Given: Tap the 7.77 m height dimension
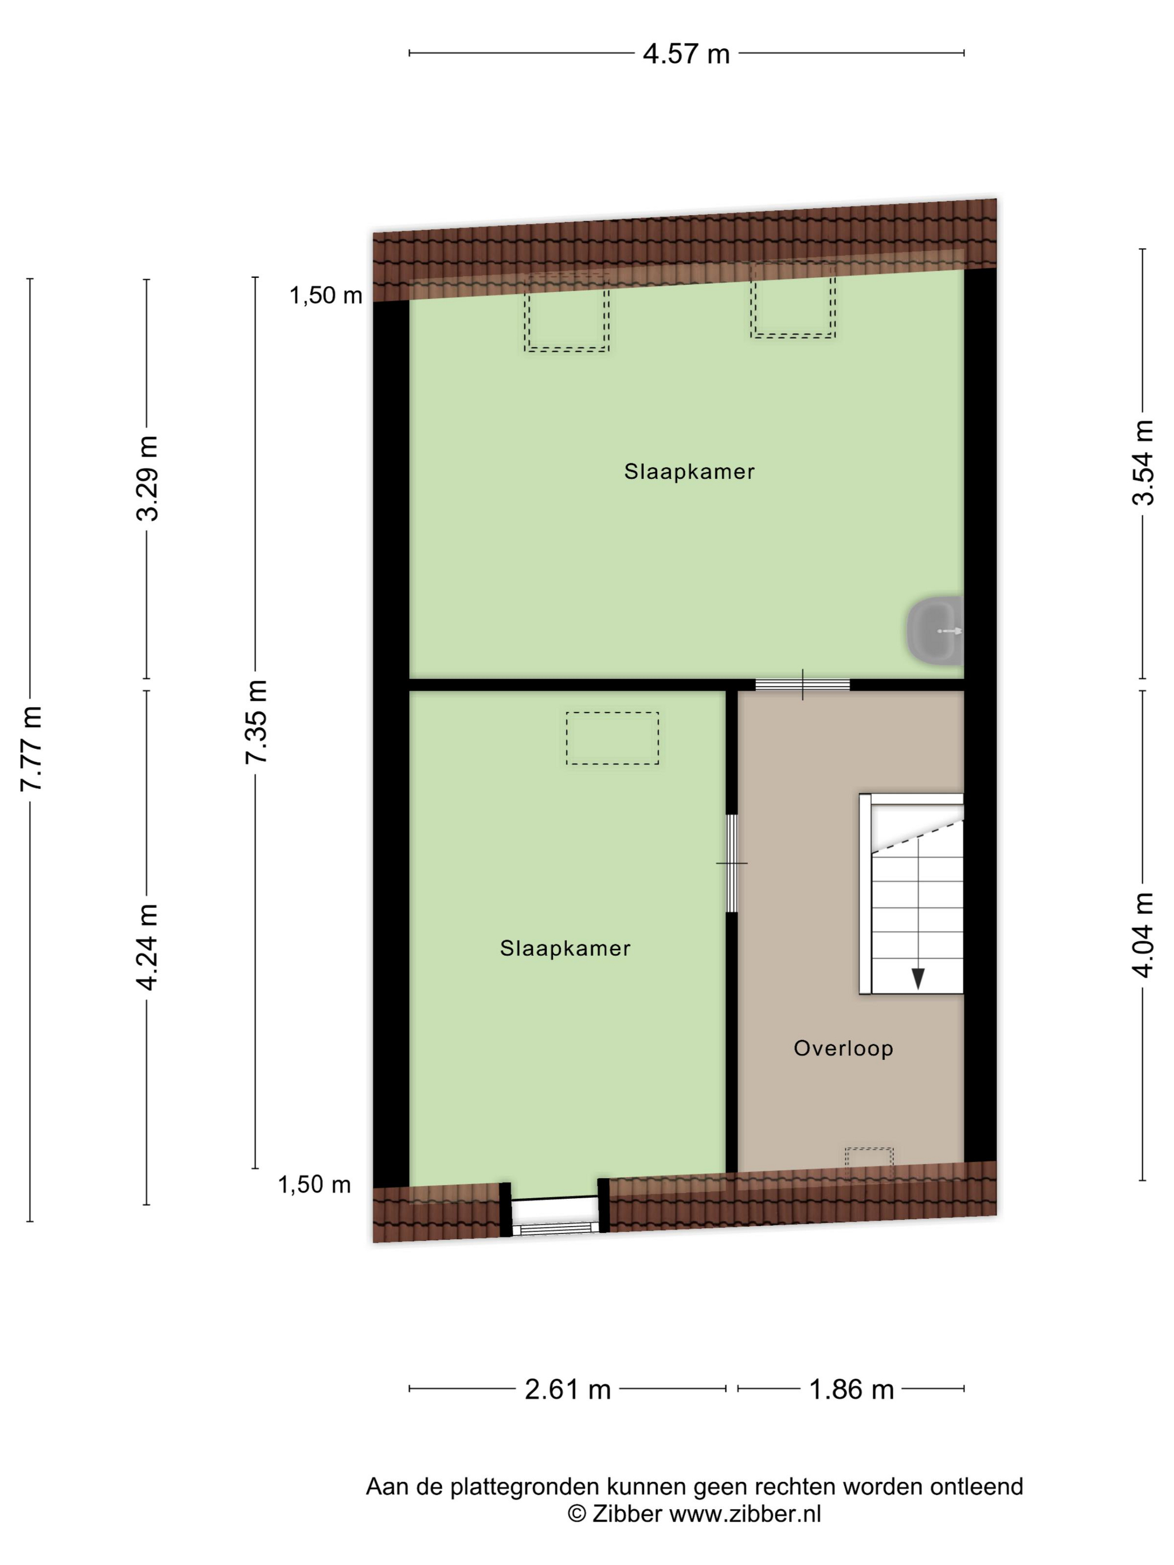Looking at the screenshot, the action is (32, 748).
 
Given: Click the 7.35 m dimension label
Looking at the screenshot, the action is (256, 722).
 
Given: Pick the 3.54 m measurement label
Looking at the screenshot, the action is (1143, 463).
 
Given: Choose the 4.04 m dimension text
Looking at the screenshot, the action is (1143, 935).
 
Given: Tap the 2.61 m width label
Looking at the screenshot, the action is (567, 1389).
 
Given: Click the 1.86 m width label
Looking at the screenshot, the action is (851, 1389).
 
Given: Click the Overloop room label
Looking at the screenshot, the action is (843, 1048).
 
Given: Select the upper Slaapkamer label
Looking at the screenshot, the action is (689, 471).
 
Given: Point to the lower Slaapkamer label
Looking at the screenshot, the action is (565, 948).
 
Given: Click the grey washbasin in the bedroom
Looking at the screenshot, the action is (935, 630).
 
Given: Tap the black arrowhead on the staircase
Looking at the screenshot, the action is (918, 979).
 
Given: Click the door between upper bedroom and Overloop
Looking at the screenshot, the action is (802, 684).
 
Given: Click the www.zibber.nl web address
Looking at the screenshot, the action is (745, 1514).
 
